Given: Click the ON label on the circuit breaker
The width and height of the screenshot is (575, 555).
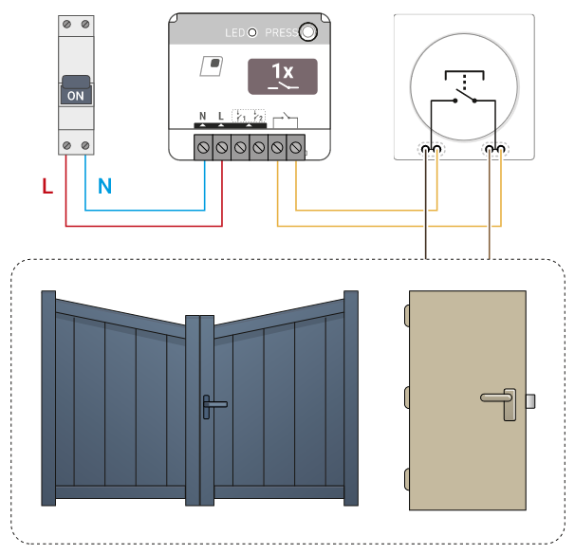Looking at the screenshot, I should tap(76, 96).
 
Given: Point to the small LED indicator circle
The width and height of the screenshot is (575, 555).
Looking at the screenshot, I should tap(252, 33).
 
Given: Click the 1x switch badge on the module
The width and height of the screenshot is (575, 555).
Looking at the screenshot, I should tap(283, 76).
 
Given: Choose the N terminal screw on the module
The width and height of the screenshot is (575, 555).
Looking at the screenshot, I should tap(203, 147).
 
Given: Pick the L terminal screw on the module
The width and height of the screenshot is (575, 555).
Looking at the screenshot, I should tap(221, 147).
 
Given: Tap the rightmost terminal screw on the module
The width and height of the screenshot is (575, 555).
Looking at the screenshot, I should tap(295, 147).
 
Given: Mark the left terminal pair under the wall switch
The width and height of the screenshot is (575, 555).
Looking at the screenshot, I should tap(433, 149).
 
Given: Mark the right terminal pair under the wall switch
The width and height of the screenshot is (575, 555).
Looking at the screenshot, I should tap(494, 149).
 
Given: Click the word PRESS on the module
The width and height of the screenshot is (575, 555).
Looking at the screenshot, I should tap(281, 33).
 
